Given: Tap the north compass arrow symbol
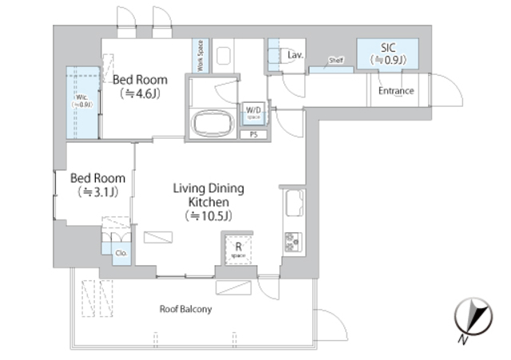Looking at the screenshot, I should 470,319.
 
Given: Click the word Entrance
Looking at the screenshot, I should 396,90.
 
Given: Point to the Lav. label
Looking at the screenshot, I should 294,55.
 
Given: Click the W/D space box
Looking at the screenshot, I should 253,112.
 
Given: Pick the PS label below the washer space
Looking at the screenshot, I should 254,134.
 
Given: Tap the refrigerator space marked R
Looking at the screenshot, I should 237,250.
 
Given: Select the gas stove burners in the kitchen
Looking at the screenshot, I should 291,240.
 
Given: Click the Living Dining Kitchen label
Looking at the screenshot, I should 208,196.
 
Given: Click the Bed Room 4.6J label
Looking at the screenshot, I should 140,80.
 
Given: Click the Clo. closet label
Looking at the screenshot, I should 120,253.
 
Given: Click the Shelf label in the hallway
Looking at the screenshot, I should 335,61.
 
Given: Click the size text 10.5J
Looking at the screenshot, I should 208,216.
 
